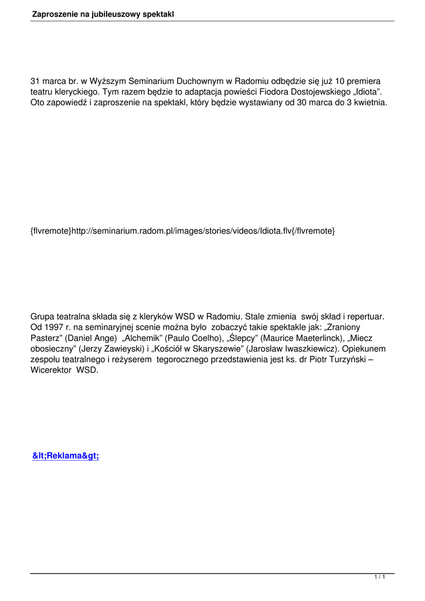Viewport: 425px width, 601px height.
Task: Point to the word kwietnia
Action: [x=369, y=103]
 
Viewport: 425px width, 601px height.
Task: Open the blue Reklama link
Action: [x=66, y=457]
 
